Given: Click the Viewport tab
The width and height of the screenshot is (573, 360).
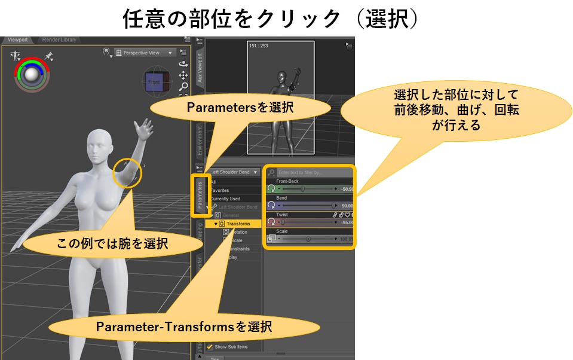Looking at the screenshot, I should (17, 40).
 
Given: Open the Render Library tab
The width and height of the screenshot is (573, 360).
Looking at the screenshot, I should (59, 40).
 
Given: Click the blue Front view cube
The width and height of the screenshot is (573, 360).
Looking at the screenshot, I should (154, 82).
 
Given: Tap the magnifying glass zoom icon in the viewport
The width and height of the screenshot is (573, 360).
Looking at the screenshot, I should (184, 86).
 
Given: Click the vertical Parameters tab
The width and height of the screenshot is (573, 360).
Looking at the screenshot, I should (200, 193).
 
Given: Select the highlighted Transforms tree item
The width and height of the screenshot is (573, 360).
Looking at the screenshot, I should (238, 224).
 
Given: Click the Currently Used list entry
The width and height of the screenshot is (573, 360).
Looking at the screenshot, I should (225, 199).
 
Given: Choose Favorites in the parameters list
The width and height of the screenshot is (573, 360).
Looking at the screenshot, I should (219, 190).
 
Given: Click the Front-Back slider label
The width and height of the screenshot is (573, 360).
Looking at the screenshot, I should (287, 181).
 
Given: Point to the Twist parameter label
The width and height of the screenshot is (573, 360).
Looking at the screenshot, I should (281, 214).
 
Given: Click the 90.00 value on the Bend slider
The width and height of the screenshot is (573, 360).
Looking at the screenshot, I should (347, 205).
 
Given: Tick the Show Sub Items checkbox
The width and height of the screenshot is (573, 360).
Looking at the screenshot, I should (210, 347).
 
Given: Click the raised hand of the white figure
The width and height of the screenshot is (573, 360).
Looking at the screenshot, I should (143, 127).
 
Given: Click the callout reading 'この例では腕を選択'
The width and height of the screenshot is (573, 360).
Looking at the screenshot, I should (113, 243).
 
